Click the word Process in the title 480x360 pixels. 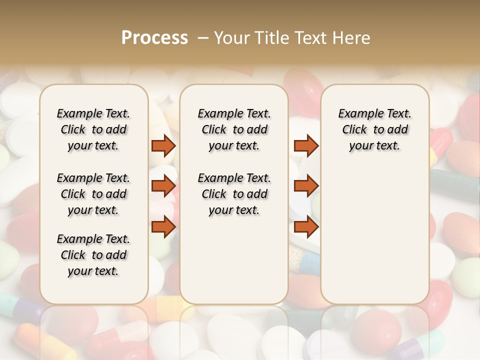click(x=154, y=38)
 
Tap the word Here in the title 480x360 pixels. click(x=350, y=38)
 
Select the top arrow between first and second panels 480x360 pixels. click(x=163, y=145)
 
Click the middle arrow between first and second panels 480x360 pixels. click(x=163, y=186)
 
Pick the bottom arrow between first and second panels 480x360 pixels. click(x=163, y=227)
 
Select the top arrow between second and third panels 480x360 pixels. click(x=306, y=145)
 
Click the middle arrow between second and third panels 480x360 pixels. click(x=306, y=186)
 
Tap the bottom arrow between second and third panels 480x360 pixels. click(x=306, y=227)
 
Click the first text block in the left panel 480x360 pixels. click(x=93, y=129)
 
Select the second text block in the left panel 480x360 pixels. click(x=93, y=194)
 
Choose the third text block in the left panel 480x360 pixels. click(x=93, y=255)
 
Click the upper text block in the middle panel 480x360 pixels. click(x=234, y=129)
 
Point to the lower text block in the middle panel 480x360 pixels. click(x=234, y=194)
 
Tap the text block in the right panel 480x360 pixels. click(x=375, y=129)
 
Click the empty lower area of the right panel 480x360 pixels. click(x=375, y=230)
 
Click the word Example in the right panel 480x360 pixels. click(x=356, y=114)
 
